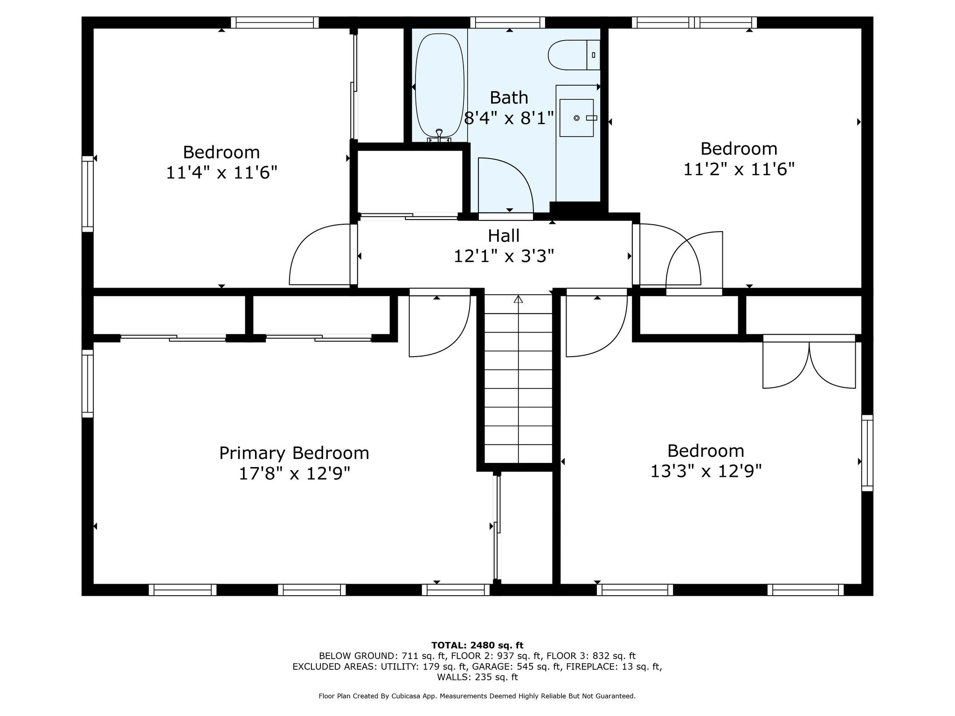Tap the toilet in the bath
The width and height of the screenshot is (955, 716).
pyautogui.click(x=574, y=55)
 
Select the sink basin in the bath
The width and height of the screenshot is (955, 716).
pyautogui.click(x=576, y=118)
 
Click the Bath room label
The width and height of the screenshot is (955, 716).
pyautogui.click(x=509, y=97)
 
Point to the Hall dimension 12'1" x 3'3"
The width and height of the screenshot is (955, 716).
pyautogui.click(x=504, y=256)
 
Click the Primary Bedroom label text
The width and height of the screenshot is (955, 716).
pyautogui.click(x=294, y=453)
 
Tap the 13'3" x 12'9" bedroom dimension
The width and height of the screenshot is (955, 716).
pyautogui.click(x=706, y=471)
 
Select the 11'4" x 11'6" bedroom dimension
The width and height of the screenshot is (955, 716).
pyautogui.click(x=221, y=173)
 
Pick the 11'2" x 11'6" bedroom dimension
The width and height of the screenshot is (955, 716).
pyautogui.click(x=739, y=169)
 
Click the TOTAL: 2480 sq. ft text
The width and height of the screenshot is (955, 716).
pyautogui.click(x=477, y=646)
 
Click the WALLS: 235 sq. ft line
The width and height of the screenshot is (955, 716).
pyautogui.click(x=477, y=677)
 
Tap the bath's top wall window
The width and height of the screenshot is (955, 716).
pyautogui.click(x=507, y=22)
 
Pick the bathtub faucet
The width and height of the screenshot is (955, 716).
pyautogui.click(x=439, y=135)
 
